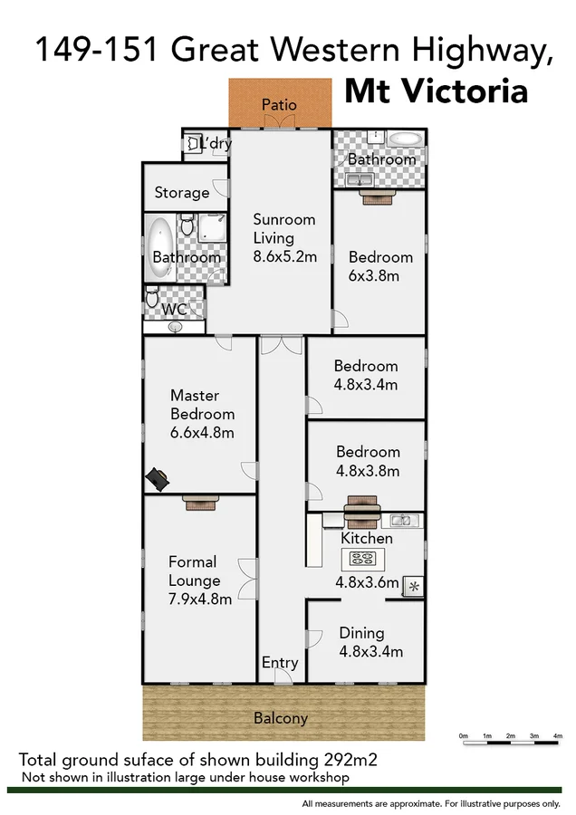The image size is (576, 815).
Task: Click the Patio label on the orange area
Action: [x=279, y=104]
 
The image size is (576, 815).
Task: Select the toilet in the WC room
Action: [x=153, y=296]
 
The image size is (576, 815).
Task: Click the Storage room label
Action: [x=181, y=193]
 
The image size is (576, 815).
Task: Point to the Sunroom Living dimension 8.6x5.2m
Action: [x=284, y=257]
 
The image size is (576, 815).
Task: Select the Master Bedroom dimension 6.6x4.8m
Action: [x=202, y=433]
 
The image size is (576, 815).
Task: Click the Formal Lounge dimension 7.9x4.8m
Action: [x=200, y=599]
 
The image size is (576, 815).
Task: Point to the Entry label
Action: [x=280, y=663]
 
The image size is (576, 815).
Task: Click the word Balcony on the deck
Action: [x=280, y=718]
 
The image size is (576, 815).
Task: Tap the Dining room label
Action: [x=361, y=633]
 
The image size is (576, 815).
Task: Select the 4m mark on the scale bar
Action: [x=557, y=735]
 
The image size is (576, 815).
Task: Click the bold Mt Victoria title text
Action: [x=436, y=91]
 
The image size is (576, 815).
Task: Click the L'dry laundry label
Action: [x=216, y=143]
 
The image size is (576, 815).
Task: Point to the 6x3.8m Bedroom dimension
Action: [x=373, y=276]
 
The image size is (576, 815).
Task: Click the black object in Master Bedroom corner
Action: [x=156, y=478]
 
